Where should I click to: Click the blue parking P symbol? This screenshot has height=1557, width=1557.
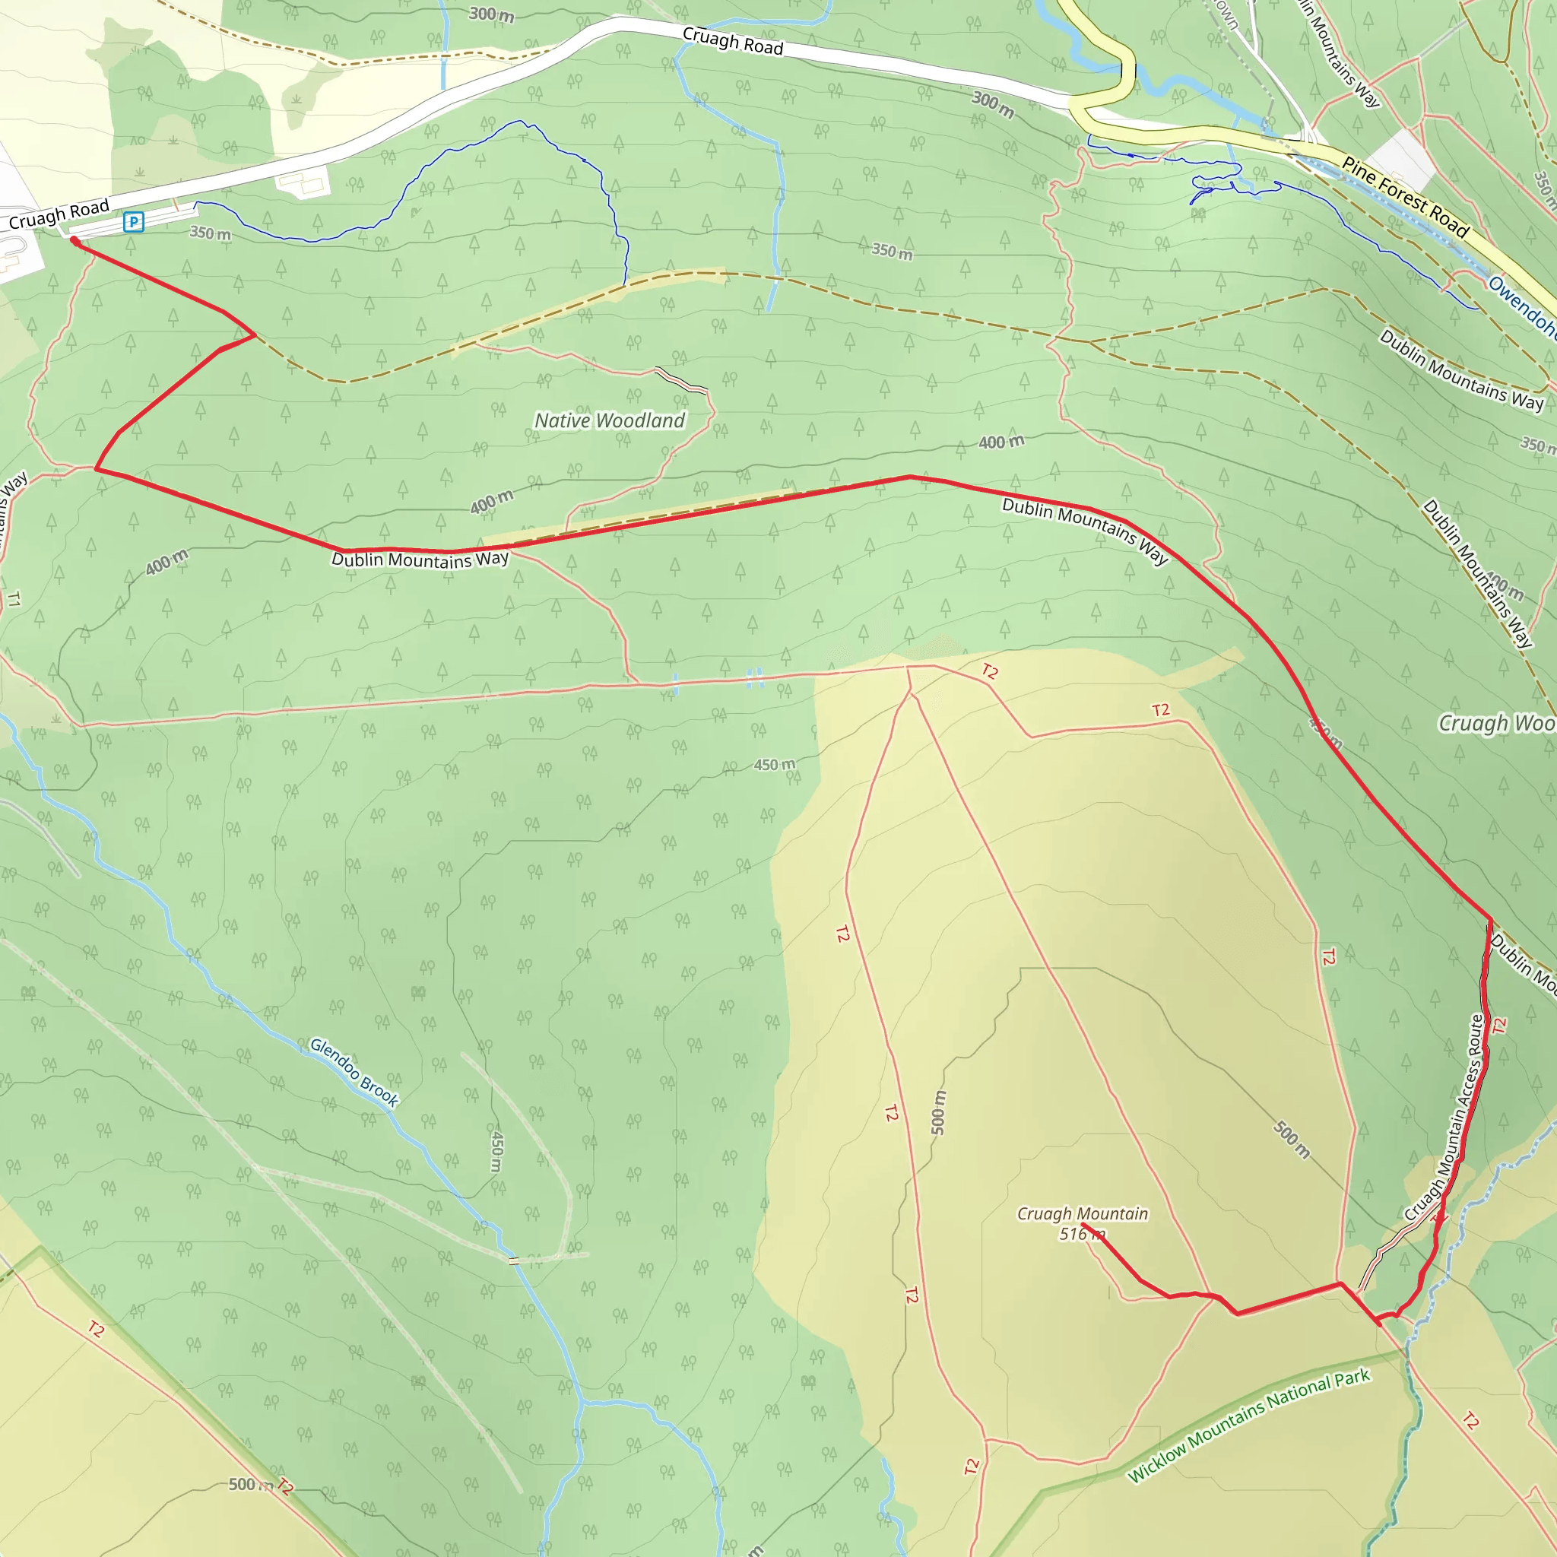134,222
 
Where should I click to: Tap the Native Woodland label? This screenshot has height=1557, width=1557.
609,420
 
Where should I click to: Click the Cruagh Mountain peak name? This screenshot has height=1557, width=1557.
1082,1213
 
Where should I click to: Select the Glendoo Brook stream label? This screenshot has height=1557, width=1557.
354,1072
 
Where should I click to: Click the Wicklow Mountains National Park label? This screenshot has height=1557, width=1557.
1248,1425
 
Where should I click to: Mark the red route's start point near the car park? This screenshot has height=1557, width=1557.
75,240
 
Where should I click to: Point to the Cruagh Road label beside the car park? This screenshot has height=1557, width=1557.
59,214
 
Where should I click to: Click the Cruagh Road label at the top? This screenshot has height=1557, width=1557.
733,41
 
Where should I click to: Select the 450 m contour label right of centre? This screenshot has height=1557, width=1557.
774,765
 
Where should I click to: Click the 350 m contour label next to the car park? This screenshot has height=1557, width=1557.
211,233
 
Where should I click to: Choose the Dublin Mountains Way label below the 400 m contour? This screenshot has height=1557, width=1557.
420,560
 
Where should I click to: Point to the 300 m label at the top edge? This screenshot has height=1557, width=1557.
492,14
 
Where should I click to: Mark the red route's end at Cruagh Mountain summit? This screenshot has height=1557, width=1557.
1083,1224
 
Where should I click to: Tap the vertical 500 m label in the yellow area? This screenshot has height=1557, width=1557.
938,1113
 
